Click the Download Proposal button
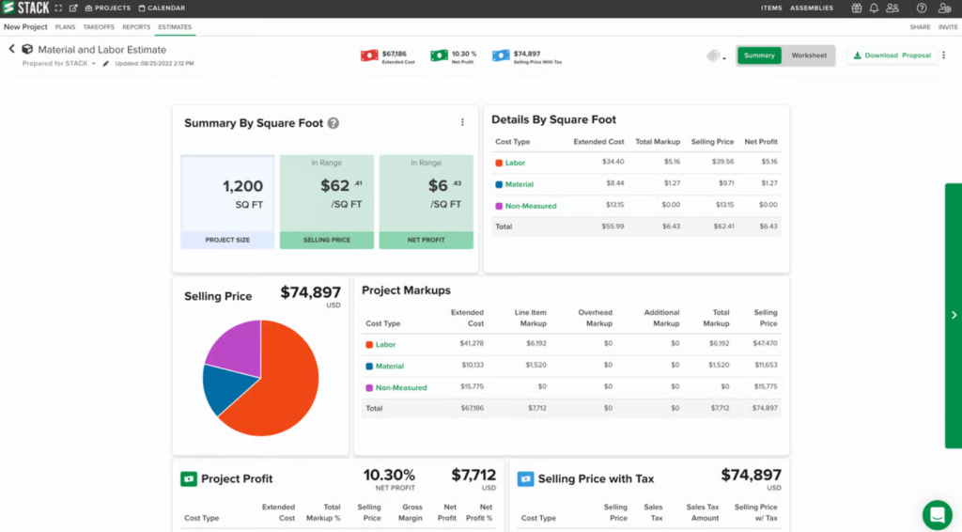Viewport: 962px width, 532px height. [x=892, y=55]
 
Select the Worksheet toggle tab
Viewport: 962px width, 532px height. [x=809, y=55]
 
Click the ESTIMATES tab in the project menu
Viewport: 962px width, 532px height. [x=175, y=27]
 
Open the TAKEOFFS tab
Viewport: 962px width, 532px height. [x=99, y=27]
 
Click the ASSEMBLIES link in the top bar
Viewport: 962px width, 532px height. [x=811, y=8]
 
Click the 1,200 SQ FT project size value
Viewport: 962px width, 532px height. [x=242, y=186]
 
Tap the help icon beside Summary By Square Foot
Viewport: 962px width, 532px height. [x=334, y=123]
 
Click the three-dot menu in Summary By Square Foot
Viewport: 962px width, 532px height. [x=462, y=122]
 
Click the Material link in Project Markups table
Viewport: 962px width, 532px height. [x=389, y=367]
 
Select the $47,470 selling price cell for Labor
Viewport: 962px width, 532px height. [x=765, y=344]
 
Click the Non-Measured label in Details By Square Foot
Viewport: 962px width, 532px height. [x=531, y=206]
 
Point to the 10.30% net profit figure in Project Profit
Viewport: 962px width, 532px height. [x=389, y=476]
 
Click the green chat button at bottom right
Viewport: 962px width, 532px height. [x=937, y=514]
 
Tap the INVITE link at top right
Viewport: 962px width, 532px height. [x=948, y=27]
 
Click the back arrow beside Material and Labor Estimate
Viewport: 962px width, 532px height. [x=12, y=49]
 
